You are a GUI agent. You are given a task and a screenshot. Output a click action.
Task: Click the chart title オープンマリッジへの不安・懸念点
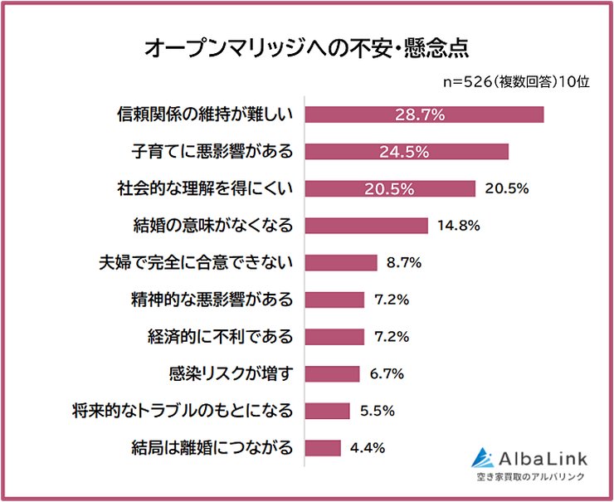307,47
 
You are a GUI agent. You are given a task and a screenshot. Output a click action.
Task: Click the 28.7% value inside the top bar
420,115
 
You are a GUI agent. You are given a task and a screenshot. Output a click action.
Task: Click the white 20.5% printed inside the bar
388,189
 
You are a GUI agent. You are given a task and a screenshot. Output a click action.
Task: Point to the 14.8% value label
460,226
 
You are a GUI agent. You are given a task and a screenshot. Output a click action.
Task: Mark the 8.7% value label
404,263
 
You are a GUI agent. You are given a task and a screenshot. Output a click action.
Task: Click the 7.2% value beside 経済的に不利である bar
391,337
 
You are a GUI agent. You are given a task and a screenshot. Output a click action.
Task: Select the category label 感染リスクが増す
220,373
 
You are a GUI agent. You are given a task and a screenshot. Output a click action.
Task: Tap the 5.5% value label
377,411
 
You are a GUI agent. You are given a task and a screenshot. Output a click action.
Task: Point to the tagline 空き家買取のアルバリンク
530,477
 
